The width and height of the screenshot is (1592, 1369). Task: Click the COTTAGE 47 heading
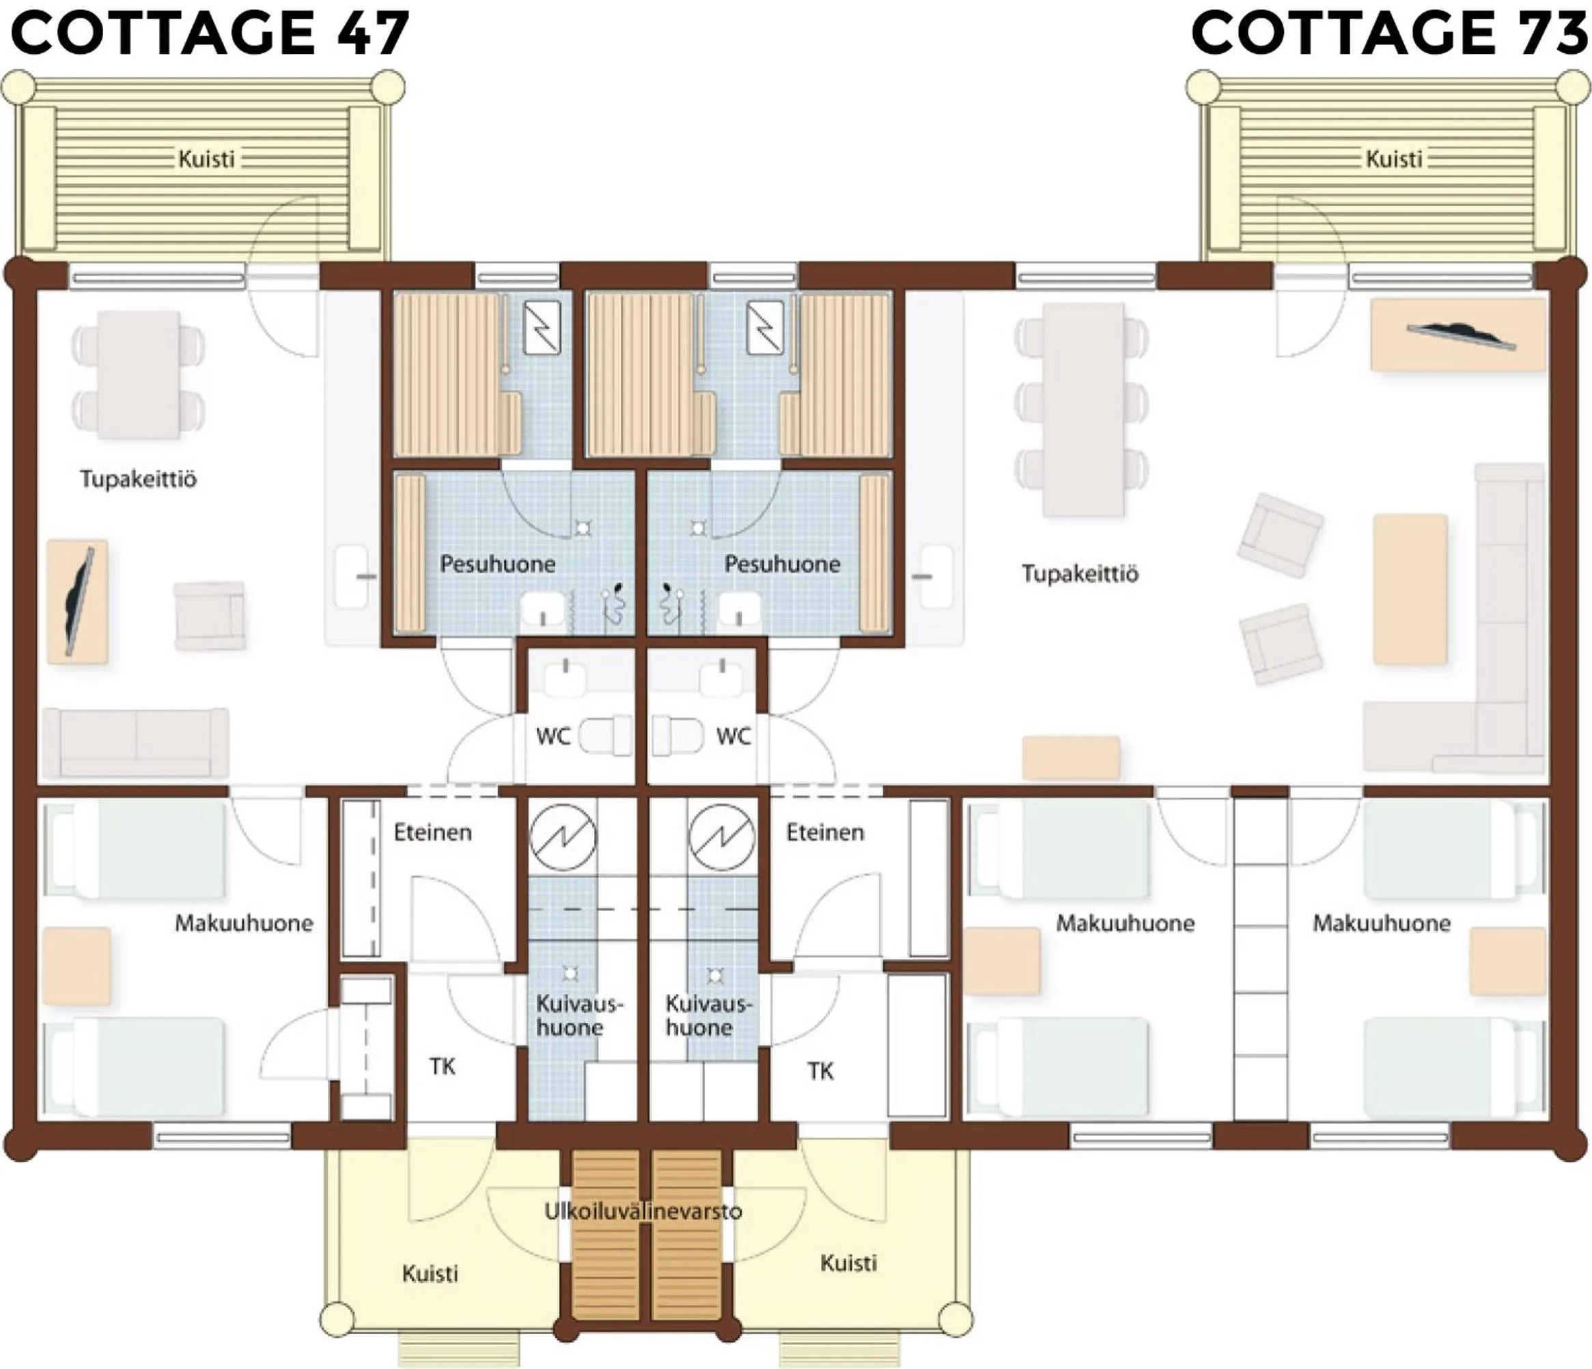(x=209, y=35)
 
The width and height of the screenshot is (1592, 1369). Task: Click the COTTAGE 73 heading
(x=1389, y=35)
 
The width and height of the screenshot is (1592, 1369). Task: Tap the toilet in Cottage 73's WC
(x=678, y=736)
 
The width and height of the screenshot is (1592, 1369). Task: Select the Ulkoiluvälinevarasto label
(x=643, y=1211)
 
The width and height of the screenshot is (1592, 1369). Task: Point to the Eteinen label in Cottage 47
(x=432, y=832)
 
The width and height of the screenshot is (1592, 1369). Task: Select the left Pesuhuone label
(x=497, y=564)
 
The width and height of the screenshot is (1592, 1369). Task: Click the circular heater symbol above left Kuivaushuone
(x=564, y=837)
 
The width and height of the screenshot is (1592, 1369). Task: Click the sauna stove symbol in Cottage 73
(x=765, y=326)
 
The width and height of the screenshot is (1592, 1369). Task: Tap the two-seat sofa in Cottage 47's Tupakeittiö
(x=135, y=742)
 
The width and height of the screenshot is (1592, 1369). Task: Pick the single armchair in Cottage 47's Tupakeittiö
(x=210, y=615)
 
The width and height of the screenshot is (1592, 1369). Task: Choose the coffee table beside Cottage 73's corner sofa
(x=1410, y=589)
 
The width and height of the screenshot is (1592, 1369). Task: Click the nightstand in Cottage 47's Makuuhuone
(x=76, y=965)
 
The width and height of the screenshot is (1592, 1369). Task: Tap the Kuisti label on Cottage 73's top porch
(x=1394, y=159)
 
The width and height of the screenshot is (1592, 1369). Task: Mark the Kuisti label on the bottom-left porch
(x=430, y=1273)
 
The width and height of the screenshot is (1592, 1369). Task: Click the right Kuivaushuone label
(x=706, y=1015)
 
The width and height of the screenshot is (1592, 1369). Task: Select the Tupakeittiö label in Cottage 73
(x=1080, y=574)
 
